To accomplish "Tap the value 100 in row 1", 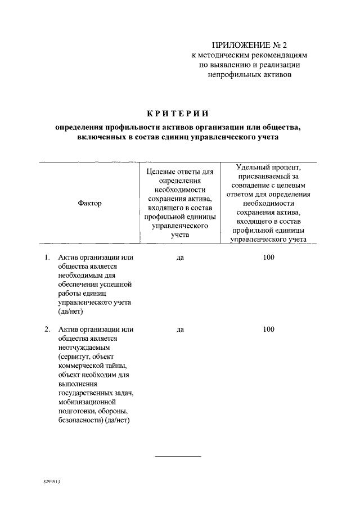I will (268, 258).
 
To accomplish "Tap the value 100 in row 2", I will (268, 329).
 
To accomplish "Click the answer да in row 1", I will (181, 258).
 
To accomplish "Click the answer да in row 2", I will (181, 329).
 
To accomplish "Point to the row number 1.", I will (47, 258).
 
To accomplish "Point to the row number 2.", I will (47, 329).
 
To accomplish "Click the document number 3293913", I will (51, 482).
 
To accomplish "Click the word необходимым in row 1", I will (82, 276).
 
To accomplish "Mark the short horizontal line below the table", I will (177, 456).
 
